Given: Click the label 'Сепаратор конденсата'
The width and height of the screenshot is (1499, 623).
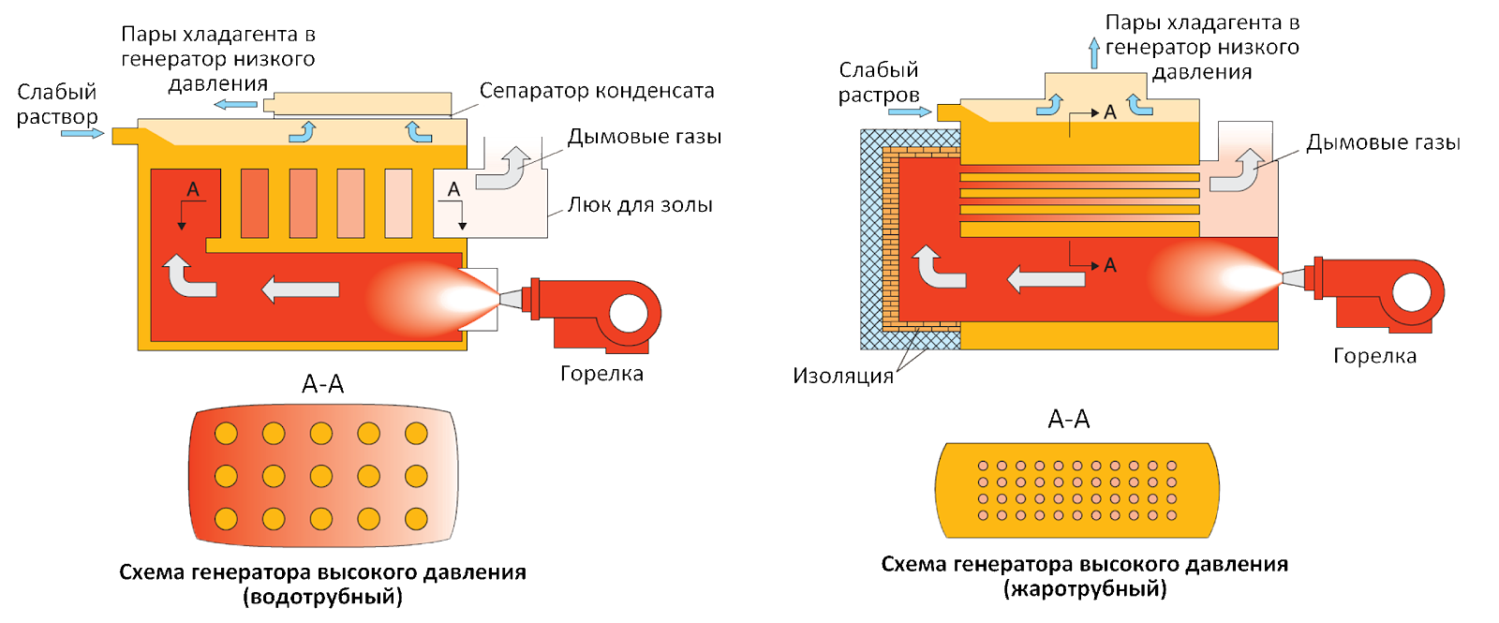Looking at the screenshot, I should (x=597, y=91).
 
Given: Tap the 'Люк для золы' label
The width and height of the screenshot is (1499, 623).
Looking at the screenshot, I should (x=639, y=204).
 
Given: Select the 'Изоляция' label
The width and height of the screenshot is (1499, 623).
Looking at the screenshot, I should (x=843, y=377).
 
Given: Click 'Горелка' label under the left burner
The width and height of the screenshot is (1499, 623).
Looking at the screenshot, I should (x=601, y=374).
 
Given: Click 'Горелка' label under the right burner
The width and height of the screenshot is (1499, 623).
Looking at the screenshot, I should (x=1374, y=356).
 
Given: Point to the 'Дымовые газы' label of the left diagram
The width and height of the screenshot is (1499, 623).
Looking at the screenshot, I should (x=645, y=137).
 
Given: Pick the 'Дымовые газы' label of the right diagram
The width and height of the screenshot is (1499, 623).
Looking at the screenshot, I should (x=1383, y=143).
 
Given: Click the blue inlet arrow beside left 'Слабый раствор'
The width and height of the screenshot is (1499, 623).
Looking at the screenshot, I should (x=83, y=133).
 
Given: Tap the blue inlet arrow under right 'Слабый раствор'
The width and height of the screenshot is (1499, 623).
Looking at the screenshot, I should (x=909, y=112).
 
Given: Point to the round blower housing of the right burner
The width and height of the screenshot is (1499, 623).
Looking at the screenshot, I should (x=1414, y=292).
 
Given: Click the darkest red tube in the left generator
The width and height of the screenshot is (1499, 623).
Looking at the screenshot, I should (x=255, y=202).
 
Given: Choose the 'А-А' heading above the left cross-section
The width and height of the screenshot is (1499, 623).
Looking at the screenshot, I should (x=323, y=384).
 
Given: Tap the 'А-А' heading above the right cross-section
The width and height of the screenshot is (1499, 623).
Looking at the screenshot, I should (x=1069, y=420).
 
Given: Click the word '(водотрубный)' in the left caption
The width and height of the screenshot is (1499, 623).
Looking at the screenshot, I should (x=322, y=596).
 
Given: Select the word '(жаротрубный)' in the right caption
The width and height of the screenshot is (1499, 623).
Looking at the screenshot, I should (x=1084, y=589).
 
